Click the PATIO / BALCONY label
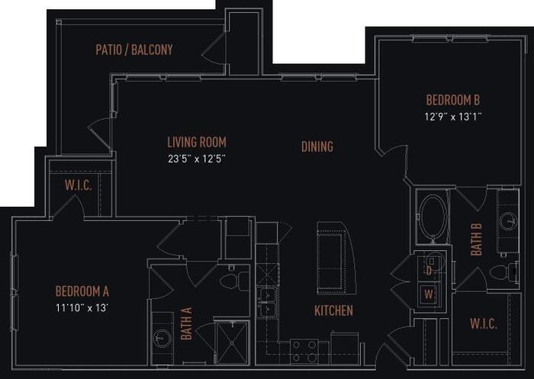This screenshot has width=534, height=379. click(134, 50)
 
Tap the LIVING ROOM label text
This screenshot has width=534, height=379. click(197, 143)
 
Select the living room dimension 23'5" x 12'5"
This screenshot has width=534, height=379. click(197, 159)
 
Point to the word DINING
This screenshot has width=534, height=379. click(317, 146)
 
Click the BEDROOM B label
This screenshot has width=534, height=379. click(452, 100)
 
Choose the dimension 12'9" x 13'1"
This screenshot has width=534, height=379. click(452, 117)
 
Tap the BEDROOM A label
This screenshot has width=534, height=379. click(82, 291)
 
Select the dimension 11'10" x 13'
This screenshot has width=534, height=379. click(82, 307)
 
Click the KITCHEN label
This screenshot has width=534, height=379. click(333, 310)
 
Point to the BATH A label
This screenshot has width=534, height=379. click(187, 323)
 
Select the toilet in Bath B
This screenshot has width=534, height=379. click(501, 272)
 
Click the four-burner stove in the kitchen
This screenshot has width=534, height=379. click(304, 350)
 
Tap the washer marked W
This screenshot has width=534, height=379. click(429, 294)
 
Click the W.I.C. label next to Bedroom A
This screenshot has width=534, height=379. click(79, 186)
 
